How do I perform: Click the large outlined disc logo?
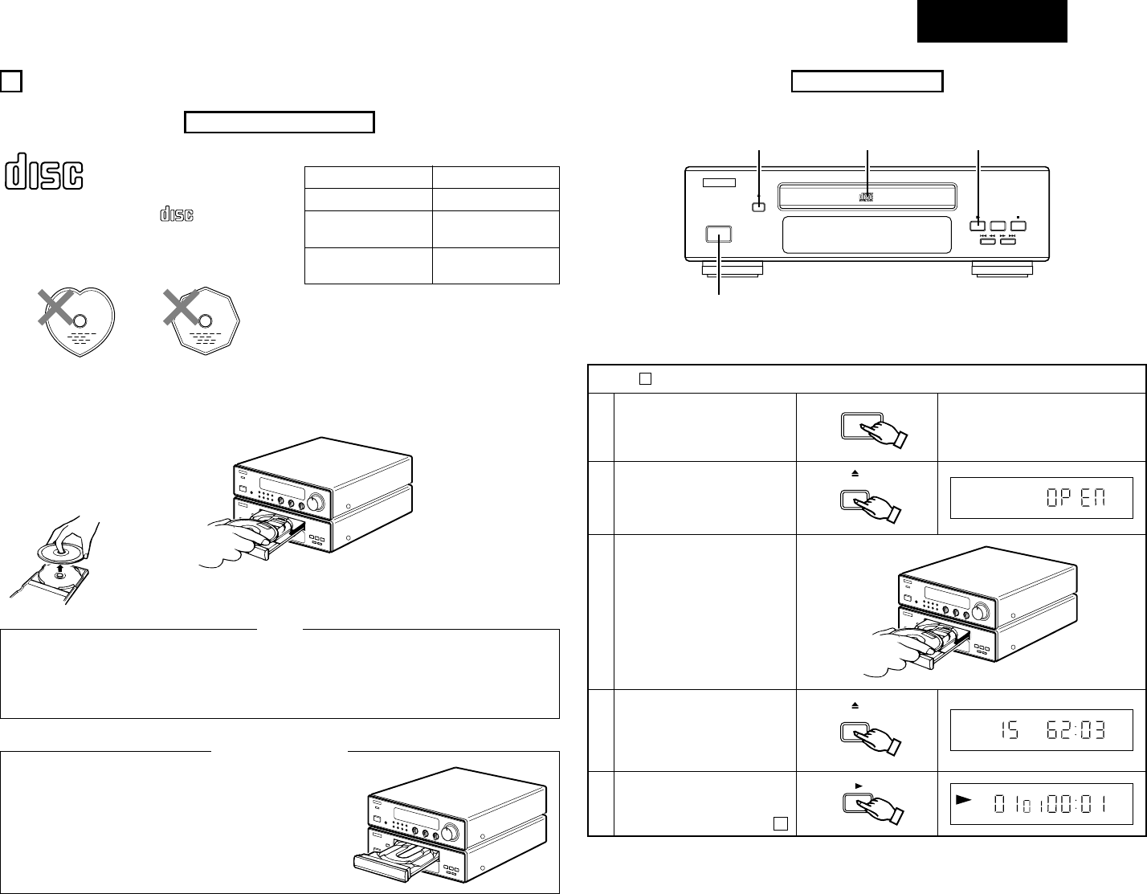45,174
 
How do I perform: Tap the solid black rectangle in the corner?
992,21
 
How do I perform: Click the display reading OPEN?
1042,498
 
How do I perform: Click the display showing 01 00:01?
1042,804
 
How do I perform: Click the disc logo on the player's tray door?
866,196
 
